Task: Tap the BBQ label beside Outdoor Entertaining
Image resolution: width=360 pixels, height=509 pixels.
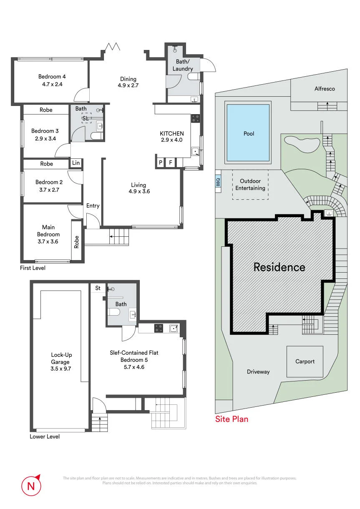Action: click(218, 182)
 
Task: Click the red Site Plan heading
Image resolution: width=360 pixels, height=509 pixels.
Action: click(232, 419)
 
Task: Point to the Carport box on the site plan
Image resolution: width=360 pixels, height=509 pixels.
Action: click(305, 361)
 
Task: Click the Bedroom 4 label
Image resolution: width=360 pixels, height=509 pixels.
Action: click(52, 77)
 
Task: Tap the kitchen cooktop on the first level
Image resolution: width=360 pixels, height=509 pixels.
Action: click(195, 118)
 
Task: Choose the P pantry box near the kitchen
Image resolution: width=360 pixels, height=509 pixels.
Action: click(161, 162)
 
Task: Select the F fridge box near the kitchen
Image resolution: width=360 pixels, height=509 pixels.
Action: click(171, 162)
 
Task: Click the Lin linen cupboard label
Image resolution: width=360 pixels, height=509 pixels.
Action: click(76, 163)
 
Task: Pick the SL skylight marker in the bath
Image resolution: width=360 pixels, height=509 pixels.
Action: click(85, 118)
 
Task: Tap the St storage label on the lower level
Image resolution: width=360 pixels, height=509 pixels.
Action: click(98, 288)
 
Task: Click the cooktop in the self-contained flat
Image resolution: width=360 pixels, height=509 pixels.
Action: click(159, 328)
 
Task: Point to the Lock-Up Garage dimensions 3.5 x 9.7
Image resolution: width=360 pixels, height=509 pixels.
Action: click(61, 369)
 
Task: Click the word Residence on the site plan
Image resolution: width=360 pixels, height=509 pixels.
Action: click(279, 267)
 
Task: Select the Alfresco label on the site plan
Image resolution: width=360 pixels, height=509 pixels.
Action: click(325, 89)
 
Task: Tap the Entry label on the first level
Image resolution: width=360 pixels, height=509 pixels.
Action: click(93, 206)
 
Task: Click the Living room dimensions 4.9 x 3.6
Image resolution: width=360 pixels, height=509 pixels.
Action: click(139, 191)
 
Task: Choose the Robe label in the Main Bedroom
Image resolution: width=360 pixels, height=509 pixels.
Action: click(76, 242)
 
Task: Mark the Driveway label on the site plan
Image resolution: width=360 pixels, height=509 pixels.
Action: click(258, 372)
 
